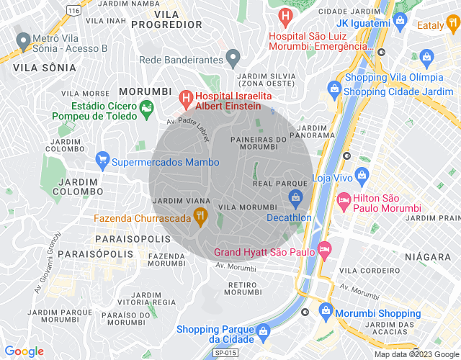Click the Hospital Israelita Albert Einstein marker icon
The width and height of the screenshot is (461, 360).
[185, 96]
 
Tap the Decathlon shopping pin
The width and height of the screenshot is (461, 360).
[295, 198]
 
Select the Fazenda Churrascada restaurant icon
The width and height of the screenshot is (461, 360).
[200, 214]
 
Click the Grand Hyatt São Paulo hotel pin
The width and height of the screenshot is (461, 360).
[324, 248]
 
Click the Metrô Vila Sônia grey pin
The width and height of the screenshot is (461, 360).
[24, 40]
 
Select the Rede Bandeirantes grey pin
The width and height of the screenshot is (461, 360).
[232, 56]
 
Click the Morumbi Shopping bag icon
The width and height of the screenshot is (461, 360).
[326, 312]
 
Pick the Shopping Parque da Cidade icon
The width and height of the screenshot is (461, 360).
[264, 331]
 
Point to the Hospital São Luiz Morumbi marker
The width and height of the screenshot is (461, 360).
[286, 14]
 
